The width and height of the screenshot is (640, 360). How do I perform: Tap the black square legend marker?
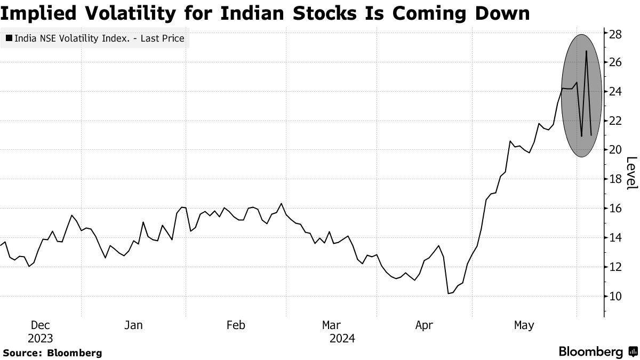pos(9,38)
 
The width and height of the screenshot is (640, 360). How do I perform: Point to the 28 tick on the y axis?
pos(615,34)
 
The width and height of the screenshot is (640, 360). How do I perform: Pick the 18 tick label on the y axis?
pos(615,179)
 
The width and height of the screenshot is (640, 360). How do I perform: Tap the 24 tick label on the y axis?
pos(615,92)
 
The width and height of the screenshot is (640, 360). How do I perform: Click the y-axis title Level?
pos(631,173)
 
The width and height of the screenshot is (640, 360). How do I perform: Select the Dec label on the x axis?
pos(41,325)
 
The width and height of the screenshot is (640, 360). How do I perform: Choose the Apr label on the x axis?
pos(424,325)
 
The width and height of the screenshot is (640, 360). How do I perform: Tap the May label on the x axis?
pos(524,325)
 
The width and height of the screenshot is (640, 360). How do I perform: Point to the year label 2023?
pos(41,338)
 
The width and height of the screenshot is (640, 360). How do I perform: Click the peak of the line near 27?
pos(586,51)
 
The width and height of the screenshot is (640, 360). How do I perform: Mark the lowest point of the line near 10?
pos(449,293)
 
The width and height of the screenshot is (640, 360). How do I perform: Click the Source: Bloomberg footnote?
pos(52,353)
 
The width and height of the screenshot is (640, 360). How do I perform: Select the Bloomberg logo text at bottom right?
pos(590,351)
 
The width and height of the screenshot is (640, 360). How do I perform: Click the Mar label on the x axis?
pos(331,325)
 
